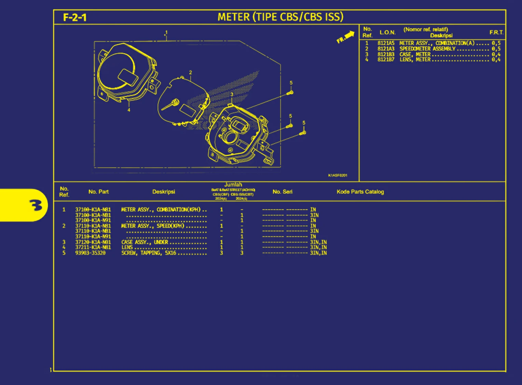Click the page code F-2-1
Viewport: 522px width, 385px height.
[x=75, y=17]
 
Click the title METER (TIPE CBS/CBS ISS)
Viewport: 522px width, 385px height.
[x=280, y=17]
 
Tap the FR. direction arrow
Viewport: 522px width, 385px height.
[x=346, y=37]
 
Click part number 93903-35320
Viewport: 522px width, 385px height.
[x=91, y=253]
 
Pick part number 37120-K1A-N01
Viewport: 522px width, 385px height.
[x=93, y=242]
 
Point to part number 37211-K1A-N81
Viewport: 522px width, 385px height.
[x=93, y=247]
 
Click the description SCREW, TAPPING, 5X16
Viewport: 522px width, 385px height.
[x=149, y=253]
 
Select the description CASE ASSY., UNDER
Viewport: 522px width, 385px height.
[x=145, y=242]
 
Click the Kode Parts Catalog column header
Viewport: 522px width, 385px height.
[x=360, y=192]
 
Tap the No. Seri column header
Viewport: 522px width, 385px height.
[x=282, y=192]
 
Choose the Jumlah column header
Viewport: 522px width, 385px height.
[x=233, y=185]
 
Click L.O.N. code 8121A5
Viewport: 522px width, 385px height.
[x=386, y=43]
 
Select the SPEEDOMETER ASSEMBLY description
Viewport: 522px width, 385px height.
[x=427, y=49]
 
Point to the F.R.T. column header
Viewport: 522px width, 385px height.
[x=496, y=32]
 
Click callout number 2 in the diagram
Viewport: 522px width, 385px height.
[x=191, y=72]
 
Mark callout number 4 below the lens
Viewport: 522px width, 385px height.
[x=129, y=110]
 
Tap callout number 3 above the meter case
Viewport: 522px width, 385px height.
[x=232, y=95]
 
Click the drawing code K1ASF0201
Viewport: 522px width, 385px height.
[x=338, y=176]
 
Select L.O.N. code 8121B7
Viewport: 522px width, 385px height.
[x=386, y=60]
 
